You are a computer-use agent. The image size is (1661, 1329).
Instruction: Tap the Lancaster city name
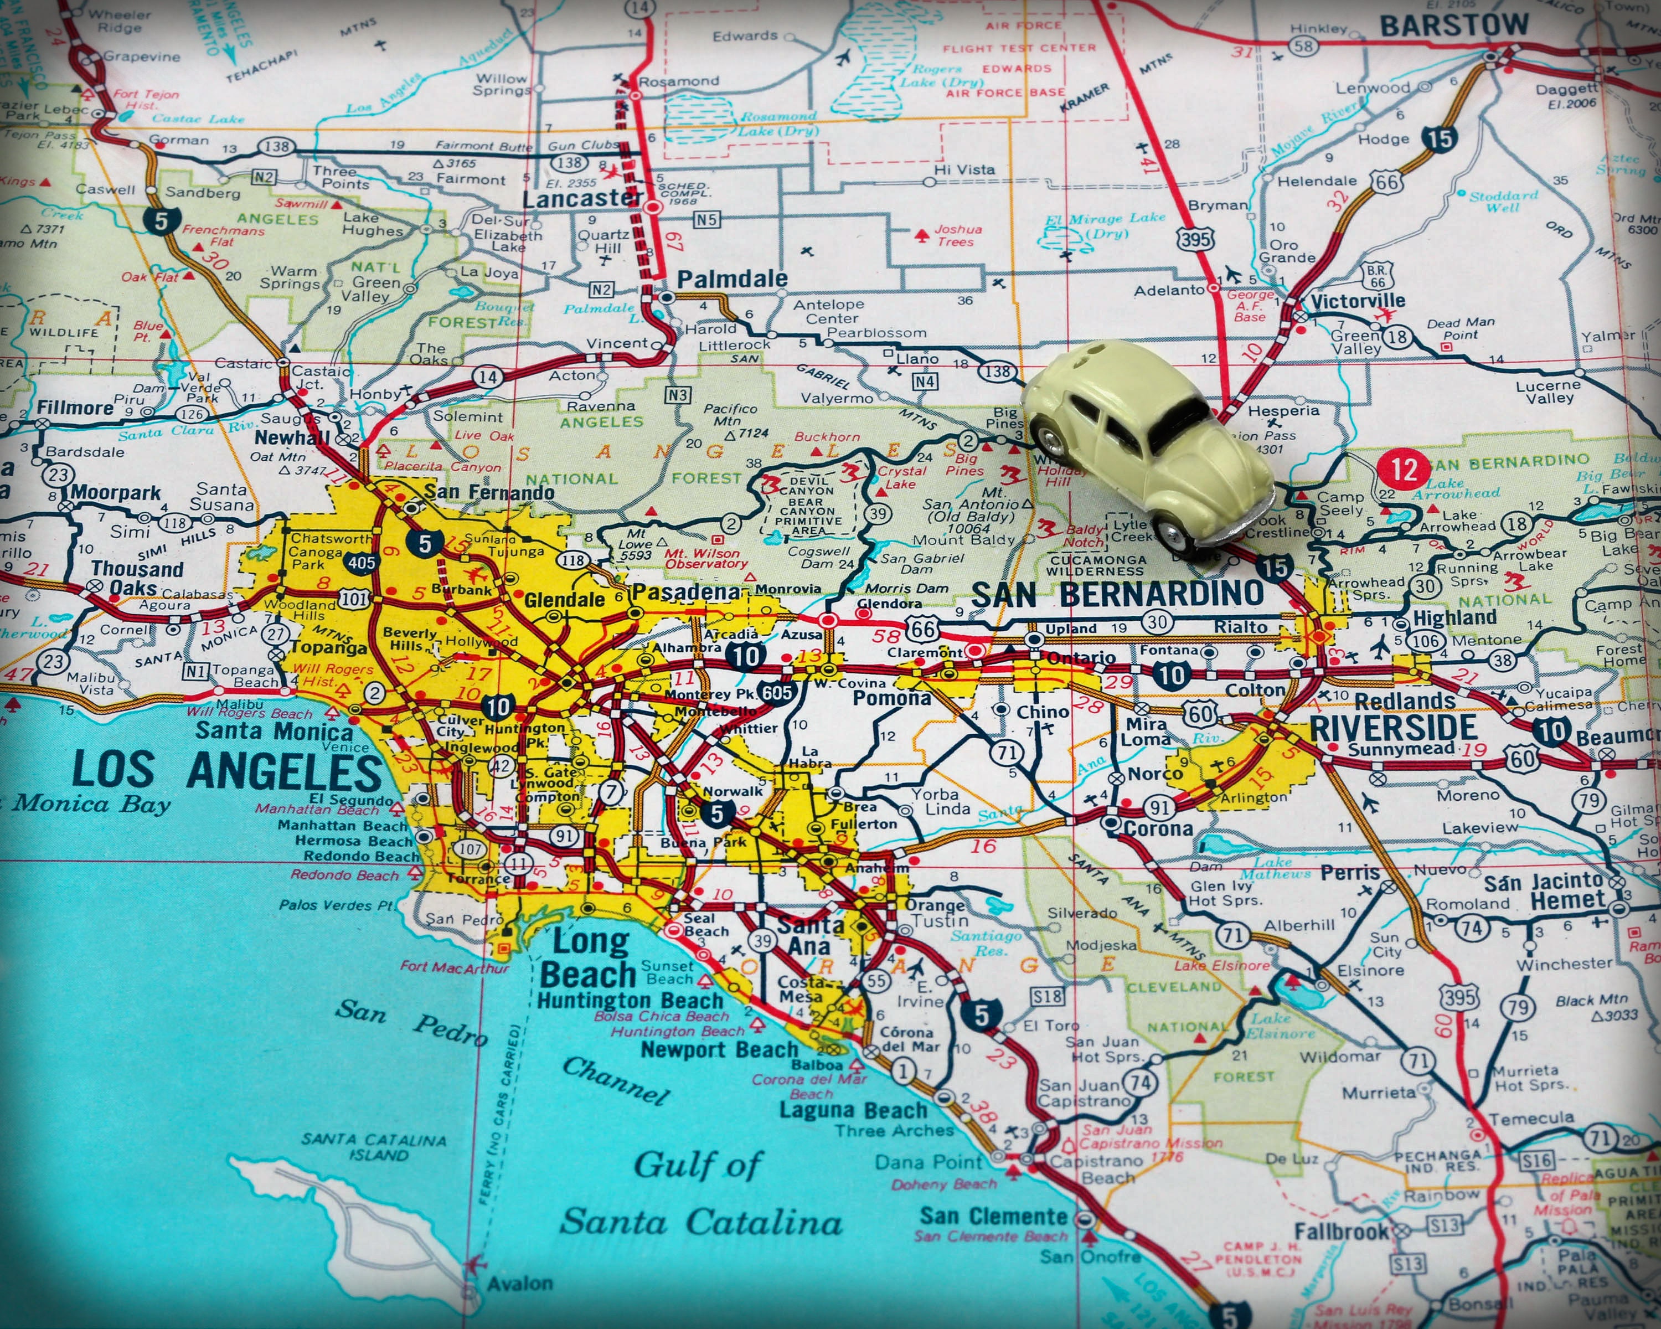[582, 199]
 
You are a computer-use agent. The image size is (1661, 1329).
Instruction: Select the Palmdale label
[732, 279]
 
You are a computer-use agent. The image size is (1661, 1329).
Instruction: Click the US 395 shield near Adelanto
[1195, 238]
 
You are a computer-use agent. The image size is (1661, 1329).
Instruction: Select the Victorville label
[1358, 301]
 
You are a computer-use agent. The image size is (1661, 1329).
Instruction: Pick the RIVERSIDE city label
[1393, 727]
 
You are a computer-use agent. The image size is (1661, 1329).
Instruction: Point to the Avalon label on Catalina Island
[519, 1284]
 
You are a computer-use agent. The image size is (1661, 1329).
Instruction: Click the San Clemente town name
[993, 1217]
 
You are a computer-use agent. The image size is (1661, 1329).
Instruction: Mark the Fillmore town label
[75, 407]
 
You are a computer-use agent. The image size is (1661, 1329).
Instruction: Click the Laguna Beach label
[853, 1110]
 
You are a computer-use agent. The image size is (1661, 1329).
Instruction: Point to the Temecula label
[1531, 1118]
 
